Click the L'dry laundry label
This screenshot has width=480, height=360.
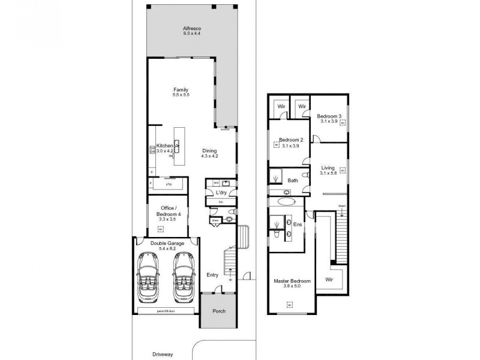(x=221, y=192)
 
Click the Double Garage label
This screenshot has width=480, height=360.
(x=168, y=244)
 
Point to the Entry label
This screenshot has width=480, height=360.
(x=212, y=275)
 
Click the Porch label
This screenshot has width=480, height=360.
(x=218, y=311)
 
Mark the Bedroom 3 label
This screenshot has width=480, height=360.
(x=329, y=116)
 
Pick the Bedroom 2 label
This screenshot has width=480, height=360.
(x=291, y=140)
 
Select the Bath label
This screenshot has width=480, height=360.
(x=293, y=180)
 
